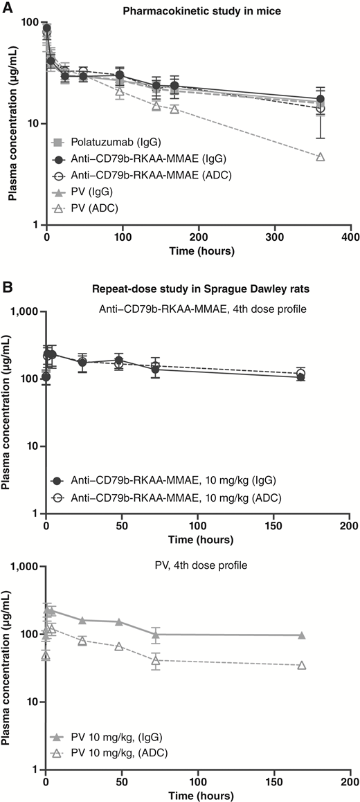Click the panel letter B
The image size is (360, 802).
point(6,285)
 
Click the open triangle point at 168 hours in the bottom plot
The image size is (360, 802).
point(301,666)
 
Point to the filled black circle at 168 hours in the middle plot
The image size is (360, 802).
point(300,377)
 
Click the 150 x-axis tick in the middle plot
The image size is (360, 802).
point(273,526)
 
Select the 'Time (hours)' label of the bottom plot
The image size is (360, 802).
point(197,795)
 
